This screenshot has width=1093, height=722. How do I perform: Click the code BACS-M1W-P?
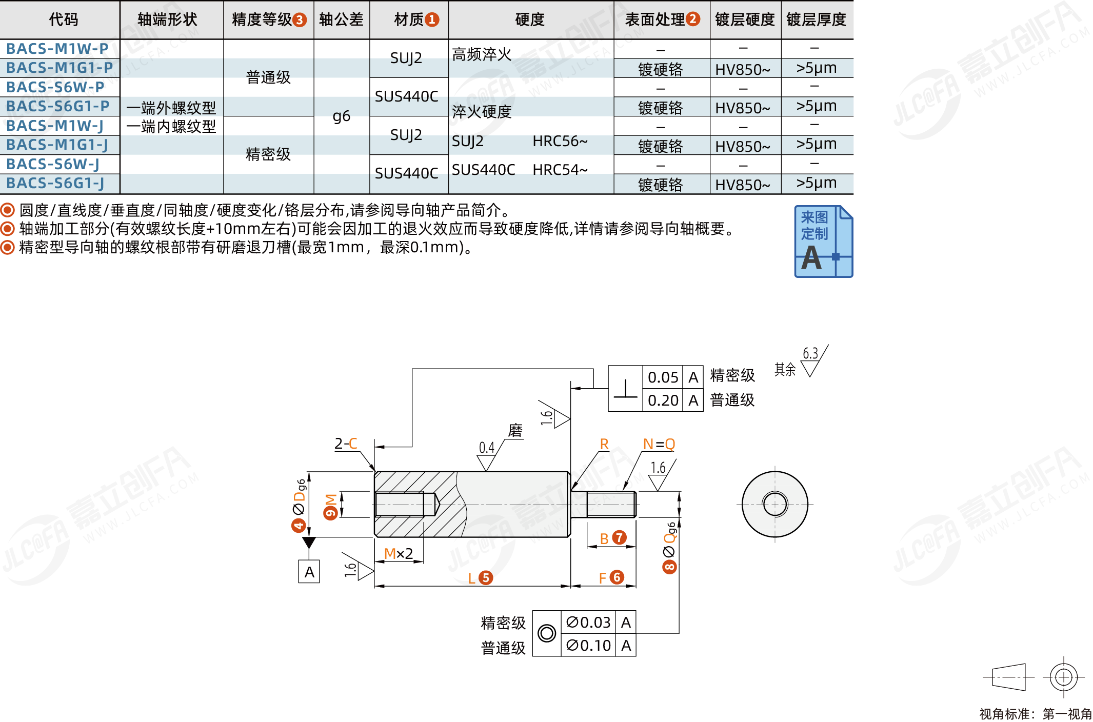(57, 49)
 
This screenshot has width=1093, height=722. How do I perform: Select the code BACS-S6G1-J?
(55, 183)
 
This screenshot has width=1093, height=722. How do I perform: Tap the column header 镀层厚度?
(816, 19)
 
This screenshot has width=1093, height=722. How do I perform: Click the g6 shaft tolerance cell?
(342, 116)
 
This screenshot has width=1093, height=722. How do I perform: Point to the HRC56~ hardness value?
(560, 141)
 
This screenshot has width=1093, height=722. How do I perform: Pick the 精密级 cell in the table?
(268, 154)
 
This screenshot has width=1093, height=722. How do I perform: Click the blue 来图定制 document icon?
(823, 242)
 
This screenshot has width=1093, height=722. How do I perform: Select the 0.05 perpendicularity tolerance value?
(663, 377)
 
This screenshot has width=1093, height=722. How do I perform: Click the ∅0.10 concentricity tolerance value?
(588, 646)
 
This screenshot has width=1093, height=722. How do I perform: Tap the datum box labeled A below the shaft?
(309, 571)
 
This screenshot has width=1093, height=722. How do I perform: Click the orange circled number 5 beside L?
(486, 578)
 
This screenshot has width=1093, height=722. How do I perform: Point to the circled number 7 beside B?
(620, 537)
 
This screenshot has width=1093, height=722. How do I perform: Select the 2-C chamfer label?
(346, 444)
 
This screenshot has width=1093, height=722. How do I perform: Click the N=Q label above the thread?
(659, 444)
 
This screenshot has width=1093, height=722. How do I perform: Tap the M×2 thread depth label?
(399, 554)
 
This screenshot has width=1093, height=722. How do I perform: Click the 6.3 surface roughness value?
(810, 353)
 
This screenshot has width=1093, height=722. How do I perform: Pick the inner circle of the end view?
(775, 504)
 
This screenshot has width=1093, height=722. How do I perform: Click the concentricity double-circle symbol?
(547, 633)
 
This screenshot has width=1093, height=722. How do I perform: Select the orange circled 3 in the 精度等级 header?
(300, 20)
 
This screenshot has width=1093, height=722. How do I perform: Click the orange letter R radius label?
(604, 444)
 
